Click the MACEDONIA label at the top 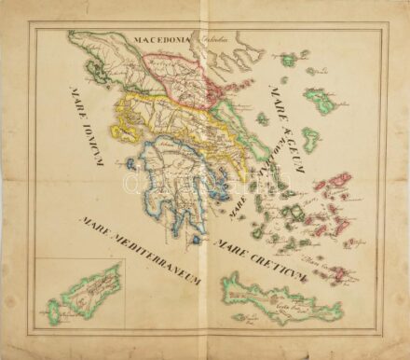[161, 41]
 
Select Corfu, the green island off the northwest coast [90, 67]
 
